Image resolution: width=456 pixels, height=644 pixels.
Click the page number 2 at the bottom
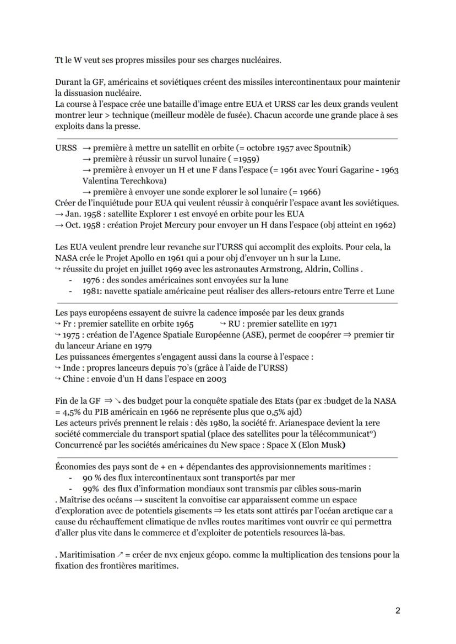[398, 610]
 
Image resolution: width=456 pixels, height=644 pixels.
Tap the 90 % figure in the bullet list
[91, 478]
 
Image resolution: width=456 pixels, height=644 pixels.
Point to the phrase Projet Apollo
[123, 258]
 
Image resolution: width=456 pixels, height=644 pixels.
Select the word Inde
[70, 367]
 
